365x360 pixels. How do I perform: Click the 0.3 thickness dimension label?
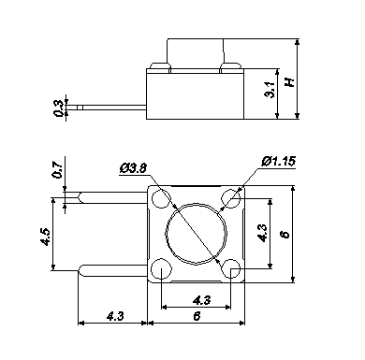58,108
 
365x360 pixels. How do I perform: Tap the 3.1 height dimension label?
270,90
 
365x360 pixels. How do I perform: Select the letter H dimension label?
290,82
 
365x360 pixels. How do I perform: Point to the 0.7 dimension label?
58,170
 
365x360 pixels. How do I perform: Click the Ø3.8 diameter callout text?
133,168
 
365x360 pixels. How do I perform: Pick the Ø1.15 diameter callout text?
279,162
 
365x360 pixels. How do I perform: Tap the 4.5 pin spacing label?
45,237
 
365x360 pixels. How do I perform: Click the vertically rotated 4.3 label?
261,234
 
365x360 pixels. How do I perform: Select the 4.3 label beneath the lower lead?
115,316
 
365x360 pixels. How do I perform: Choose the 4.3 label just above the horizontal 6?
202,300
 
